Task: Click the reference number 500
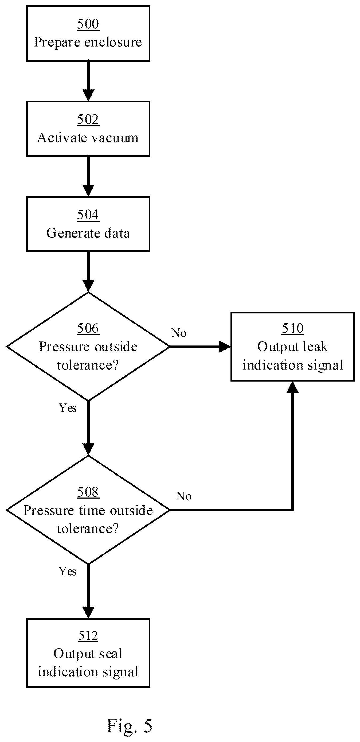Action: click(88, 24)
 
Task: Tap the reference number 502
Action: click(88, 119)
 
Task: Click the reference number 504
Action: click(88, 215)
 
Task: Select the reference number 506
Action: click(88, 328)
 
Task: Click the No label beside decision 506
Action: click(179, 333)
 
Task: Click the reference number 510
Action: click(293, 328)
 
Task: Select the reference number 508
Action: click(88, 492)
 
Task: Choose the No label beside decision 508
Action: click(184, 496)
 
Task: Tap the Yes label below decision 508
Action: click(68, 572)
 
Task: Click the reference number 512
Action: click(88, 636)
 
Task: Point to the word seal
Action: click(111, 654)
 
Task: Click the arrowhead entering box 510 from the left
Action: click(225, 347)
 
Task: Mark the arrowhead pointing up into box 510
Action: click(293, 387)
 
